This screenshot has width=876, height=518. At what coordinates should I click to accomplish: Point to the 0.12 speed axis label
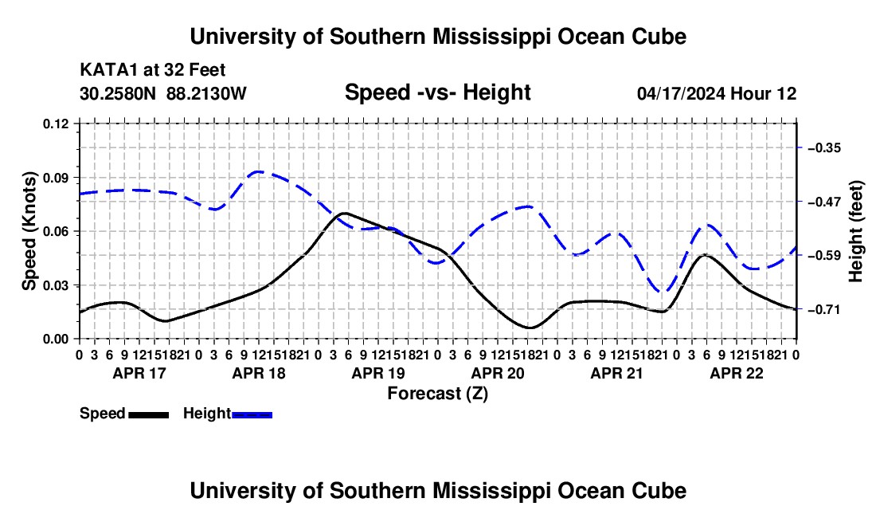point(55,124)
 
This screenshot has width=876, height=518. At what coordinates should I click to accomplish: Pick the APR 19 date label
point(378,373)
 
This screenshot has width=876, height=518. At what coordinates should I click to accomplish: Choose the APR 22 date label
point(737,373)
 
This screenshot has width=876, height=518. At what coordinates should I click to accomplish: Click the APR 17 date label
point(139,373)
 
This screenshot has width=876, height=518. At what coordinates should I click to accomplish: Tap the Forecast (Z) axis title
point(437,394)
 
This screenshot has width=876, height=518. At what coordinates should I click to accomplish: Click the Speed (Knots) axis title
point(29,231)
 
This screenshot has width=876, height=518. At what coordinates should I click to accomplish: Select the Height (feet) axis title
point(855,231)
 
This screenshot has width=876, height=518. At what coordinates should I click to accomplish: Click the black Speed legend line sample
point(149,414)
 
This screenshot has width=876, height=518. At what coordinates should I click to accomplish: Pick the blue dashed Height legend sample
point(252,414)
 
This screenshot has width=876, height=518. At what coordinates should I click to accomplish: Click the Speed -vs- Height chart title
point(437,92)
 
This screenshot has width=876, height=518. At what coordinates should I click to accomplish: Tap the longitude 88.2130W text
point(206,93)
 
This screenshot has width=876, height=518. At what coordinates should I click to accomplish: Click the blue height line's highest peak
point(259,171)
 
